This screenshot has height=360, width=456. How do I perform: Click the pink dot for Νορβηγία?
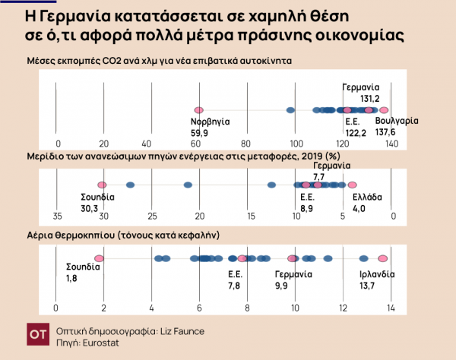198,111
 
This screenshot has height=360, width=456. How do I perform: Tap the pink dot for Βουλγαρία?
384,111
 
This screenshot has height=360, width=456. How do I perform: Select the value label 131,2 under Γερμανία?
370,98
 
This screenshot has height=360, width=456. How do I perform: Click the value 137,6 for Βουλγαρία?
397,131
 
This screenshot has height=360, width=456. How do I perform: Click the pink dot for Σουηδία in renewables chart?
101,185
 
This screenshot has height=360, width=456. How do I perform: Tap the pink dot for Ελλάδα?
352,185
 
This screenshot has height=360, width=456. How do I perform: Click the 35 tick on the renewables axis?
58,216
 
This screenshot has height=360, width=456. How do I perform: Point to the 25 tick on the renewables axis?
152,216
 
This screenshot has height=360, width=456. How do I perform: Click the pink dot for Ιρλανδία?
385,259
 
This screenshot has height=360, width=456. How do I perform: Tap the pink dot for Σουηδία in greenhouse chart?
99,259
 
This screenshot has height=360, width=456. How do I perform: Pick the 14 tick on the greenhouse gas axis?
391,308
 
